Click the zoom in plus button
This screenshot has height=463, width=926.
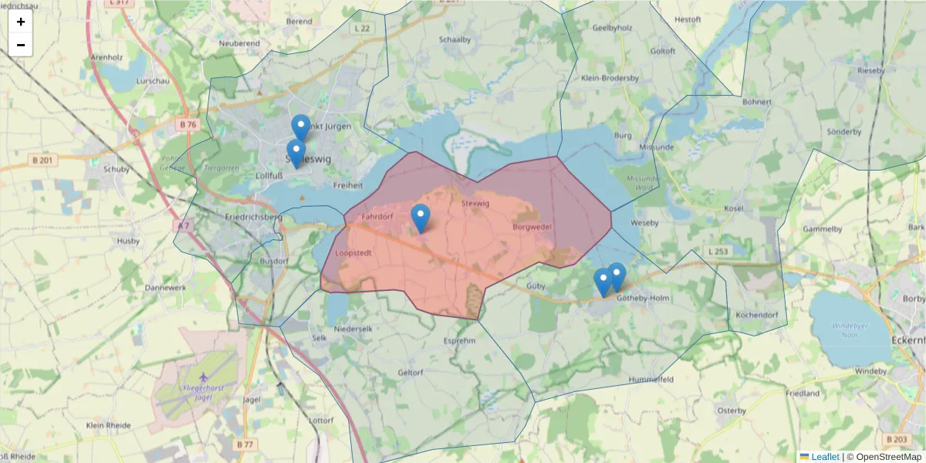pyautogui.click(x=21, y=22)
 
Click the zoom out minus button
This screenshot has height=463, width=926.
pyautogui.click(x=21, y=45)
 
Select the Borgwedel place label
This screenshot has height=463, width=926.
pyautogui.click(x=532, y=228)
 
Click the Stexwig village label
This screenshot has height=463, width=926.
pyautogui.click(x=475, y=203)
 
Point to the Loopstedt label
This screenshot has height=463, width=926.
pyautogui.click(x=355, y=252)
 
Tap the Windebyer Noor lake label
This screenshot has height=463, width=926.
pyautogui.click(x=850, y=330)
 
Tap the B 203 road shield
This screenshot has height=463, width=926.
pyautogui.click(x=897, y=439)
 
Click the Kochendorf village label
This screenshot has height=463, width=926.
pyautogui.click(x=756, y=315)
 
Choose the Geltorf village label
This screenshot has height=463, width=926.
pyautogui.click(x=410, y=372)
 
